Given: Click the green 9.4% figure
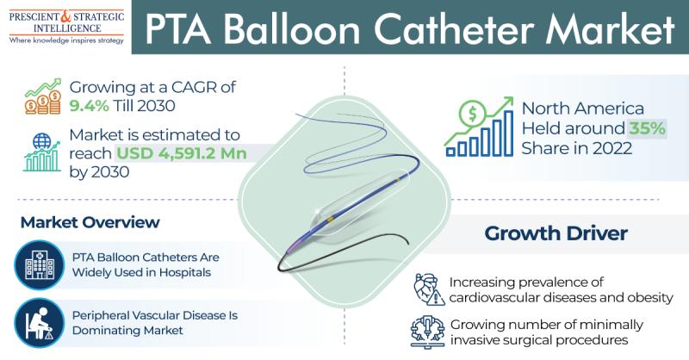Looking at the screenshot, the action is [89, 106].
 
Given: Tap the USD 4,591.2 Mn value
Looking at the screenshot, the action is [181, 153].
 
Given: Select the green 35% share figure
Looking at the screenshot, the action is [647, 128].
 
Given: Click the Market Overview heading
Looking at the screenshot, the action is [90, 222].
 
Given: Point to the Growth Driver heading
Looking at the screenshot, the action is [556, 233].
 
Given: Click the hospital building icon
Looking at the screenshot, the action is [39, 265].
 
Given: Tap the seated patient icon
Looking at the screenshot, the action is [39, 324].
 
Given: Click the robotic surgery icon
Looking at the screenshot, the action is [427, 332].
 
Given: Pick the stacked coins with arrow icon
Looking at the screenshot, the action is [43, 96].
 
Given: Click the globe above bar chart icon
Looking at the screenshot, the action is [41, 152].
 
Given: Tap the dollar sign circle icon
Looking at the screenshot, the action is [472, 114].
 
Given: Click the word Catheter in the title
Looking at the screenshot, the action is [455, 29].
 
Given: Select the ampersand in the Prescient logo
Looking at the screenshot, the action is [65, 16].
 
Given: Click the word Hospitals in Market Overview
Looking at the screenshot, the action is [185, 272].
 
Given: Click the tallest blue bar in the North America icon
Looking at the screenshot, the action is [508, 133].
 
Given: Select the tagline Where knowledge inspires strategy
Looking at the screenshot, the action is [66, 40].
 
